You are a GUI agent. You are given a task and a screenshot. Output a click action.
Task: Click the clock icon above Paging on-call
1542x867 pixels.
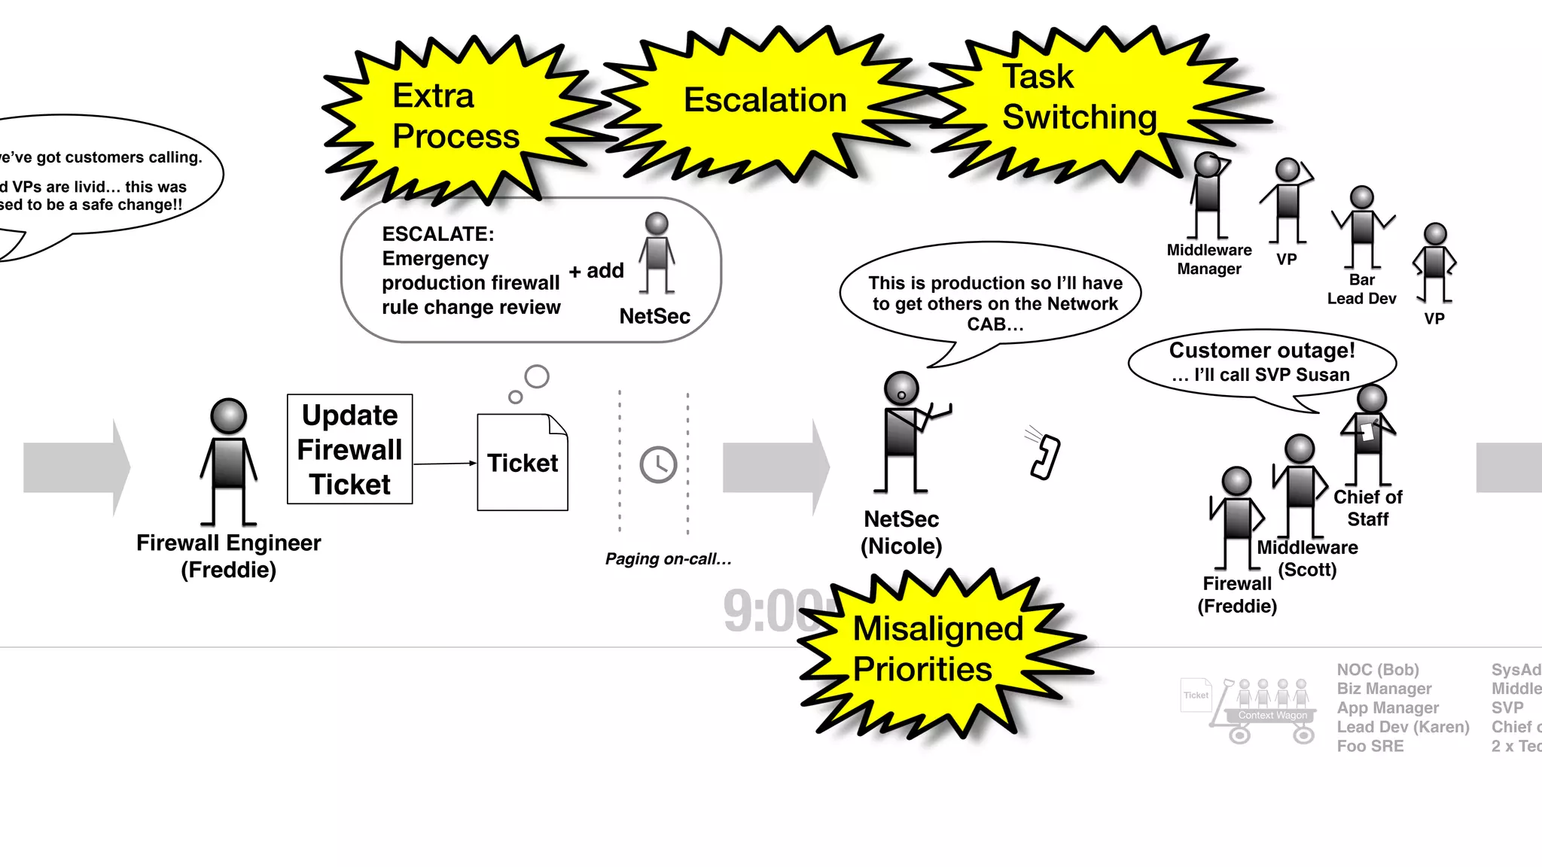(x=658, y=464)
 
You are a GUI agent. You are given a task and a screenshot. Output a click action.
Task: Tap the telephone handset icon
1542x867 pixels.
(x=1045, y=457)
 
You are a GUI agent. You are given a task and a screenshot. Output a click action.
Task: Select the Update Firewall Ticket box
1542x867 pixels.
(x=350, y=449)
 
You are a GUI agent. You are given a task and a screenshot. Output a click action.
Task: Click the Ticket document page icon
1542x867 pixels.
(x=523, y=462)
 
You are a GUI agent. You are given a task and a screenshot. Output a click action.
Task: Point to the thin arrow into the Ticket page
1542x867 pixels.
(x=444, y=464)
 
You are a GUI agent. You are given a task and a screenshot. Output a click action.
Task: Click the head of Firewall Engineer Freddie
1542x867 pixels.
(x=228, y=416)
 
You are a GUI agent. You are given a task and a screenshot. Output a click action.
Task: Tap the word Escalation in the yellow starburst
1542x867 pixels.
(x=765, y=100)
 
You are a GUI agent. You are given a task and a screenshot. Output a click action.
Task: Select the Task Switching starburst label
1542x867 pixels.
(x=1078, y=97)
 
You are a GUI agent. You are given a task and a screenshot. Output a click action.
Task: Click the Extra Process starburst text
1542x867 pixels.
(x=455, y=116)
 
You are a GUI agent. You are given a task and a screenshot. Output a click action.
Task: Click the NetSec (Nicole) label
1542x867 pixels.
(x=901, y=532)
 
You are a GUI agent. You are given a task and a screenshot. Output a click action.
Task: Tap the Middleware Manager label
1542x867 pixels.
(x=1209, y=260)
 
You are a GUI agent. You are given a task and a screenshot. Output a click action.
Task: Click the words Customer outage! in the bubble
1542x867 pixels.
(x=1262, y=351)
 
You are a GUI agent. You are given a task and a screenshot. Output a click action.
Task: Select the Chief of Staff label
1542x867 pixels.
(x=1367, y=508)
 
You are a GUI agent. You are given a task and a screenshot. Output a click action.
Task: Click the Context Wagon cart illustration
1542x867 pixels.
(x=1265, y=710)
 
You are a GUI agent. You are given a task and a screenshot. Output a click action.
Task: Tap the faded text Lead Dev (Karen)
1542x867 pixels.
(x=1403, y=727)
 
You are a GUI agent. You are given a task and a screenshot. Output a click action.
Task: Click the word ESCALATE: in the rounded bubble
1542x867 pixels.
(x=438, y=234)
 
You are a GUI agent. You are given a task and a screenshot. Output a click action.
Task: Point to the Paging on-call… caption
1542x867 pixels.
(x=668, y=559)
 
